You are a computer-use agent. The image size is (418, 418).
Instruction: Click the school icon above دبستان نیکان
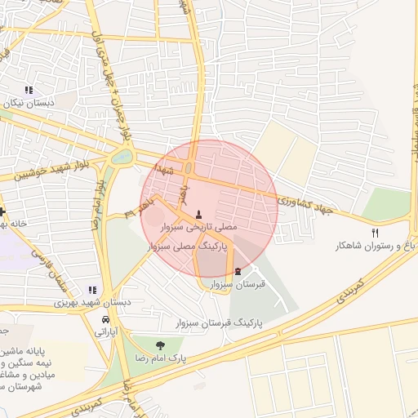tap(29, 91)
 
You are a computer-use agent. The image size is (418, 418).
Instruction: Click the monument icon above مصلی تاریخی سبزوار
tap(198, 215)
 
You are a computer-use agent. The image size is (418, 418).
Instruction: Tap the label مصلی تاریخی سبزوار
tap(198, 228)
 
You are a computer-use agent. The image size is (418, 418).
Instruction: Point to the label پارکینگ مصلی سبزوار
tap(195, 244)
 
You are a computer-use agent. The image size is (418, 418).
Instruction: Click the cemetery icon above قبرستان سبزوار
tap(238, 271)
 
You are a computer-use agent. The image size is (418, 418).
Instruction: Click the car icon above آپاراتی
tap(105, 319)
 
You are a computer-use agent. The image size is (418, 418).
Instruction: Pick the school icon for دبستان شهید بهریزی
tap(92, 289)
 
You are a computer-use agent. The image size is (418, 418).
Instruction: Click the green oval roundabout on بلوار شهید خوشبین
tap(122, 156)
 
